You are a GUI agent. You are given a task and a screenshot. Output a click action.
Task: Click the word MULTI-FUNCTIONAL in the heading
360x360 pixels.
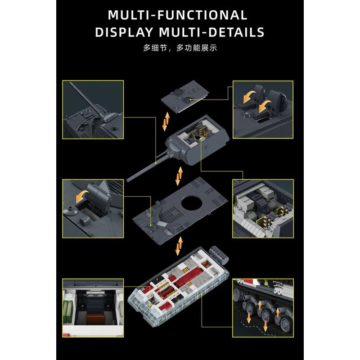(x=177, y=15)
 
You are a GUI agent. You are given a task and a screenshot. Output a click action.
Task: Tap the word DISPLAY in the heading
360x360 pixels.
(x=124, y=32)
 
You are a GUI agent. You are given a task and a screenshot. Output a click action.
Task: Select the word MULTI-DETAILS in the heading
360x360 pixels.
(x=211, y=32)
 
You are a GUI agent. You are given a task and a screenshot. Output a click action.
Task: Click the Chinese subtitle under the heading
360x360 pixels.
(x=180, y=48)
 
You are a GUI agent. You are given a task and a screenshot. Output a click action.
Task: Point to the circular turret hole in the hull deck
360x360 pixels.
(x=192, y=202)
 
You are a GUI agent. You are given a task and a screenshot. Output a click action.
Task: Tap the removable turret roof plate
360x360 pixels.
(x=185, y=96)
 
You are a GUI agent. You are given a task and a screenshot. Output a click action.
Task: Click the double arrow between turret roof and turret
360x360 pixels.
(x=166, y=121)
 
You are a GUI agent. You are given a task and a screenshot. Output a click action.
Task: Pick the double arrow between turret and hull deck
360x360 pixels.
(x=179, y=176)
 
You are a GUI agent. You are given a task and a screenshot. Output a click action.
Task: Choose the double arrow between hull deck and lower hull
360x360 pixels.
(x=179, y=246)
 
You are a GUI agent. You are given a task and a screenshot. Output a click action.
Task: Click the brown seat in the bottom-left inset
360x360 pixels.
(x=95, y=319)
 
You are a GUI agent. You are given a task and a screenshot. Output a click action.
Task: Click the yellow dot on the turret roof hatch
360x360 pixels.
(x=190, y=99)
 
